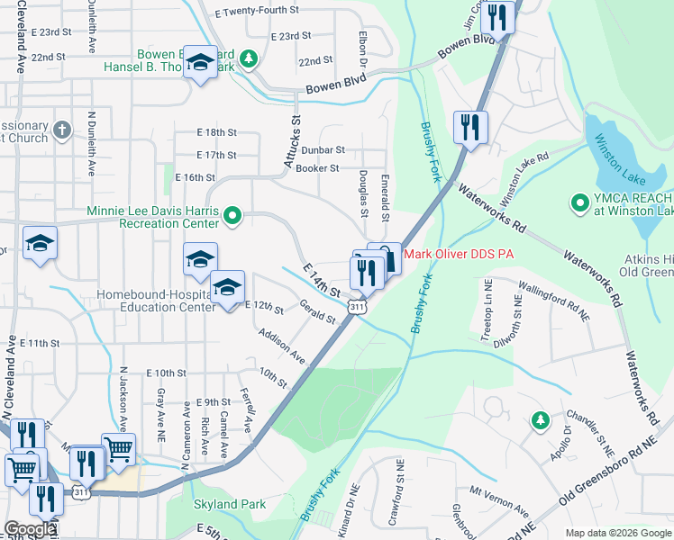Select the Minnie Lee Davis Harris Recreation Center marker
(x=232, y=214)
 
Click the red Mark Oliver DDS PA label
(x=458, y=255)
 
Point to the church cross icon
(x=61, y=128)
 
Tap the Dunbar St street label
(x=323, y=149)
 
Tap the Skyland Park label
(x=230, y=504)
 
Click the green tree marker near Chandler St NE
(x=540, y=420)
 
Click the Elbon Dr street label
(x=362, y=51)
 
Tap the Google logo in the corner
(x=30, y=529)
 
